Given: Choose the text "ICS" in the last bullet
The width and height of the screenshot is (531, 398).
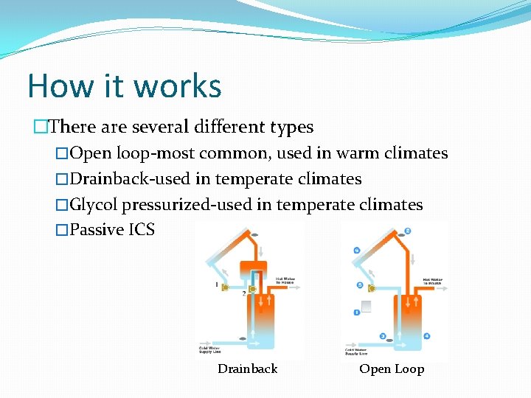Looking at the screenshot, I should click(142, 230).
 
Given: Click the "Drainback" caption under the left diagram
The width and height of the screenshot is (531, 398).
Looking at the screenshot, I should click(247, 369).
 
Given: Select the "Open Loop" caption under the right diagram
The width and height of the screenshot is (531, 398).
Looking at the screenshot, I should click(392, 369).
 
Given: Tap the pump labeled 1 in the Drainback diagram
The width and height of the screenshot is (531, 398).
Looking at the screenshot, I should click(224, 287).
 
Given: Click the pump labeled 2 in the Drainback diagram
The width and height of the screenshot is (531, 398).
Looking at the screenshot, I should click(251, 289).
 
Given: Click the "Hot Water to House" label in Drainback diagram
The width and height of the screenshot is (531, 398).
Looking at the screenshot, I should click(286, 281).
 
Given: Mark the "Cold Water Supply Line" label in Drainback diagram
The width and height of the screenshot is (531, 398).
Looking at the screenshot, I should click(210, 349).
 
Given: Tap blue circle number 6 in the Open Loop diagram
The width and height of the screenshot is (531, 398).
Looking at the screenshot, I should click(357, 251).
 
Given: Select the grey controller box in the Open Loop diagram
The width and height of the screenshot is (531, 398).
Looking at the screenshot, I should click(366, 306).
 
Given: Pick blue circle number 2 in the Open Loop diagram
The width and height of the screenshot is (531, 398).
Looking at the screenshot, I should click(408, 231).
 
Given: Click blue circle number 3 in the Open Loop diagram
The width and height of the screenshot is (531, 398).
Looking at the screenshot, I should click(383, 336).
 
